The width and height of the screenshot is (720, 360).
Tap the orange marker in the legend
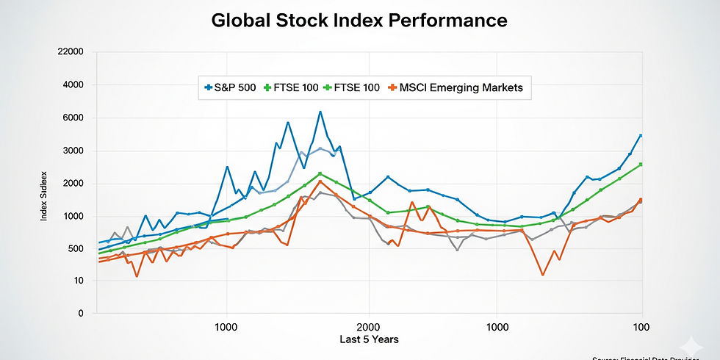(x=393, y=87)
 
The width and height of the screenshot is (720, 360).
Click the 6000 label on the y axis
(x=73, y=118)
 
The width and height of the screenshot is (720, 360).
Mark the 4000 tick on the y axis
(x=73, y=85)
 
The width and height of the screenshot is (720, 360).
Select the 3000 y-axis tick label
(x=73, y=151)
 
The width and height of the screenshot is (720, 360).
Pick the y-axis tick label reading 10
(x=78, y=281)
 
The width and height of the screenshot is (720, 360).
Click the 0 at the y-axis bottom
(x=81, y=314)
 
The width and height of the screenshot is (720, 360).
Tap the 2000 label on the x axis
(x=369, y=326)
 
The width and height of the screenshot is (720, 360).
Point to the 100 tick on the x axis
(x=641, y=326)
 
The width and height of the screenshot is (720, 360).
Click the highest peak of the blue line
(x=320, y=112)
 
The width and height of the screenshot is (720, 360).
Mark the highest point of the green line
(x=320, y=174)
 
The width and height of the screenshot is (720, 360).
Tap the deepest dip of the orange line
(x=543, y=275)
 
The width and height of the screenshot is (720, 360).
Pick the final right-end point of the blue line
(x=641, y=135)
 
